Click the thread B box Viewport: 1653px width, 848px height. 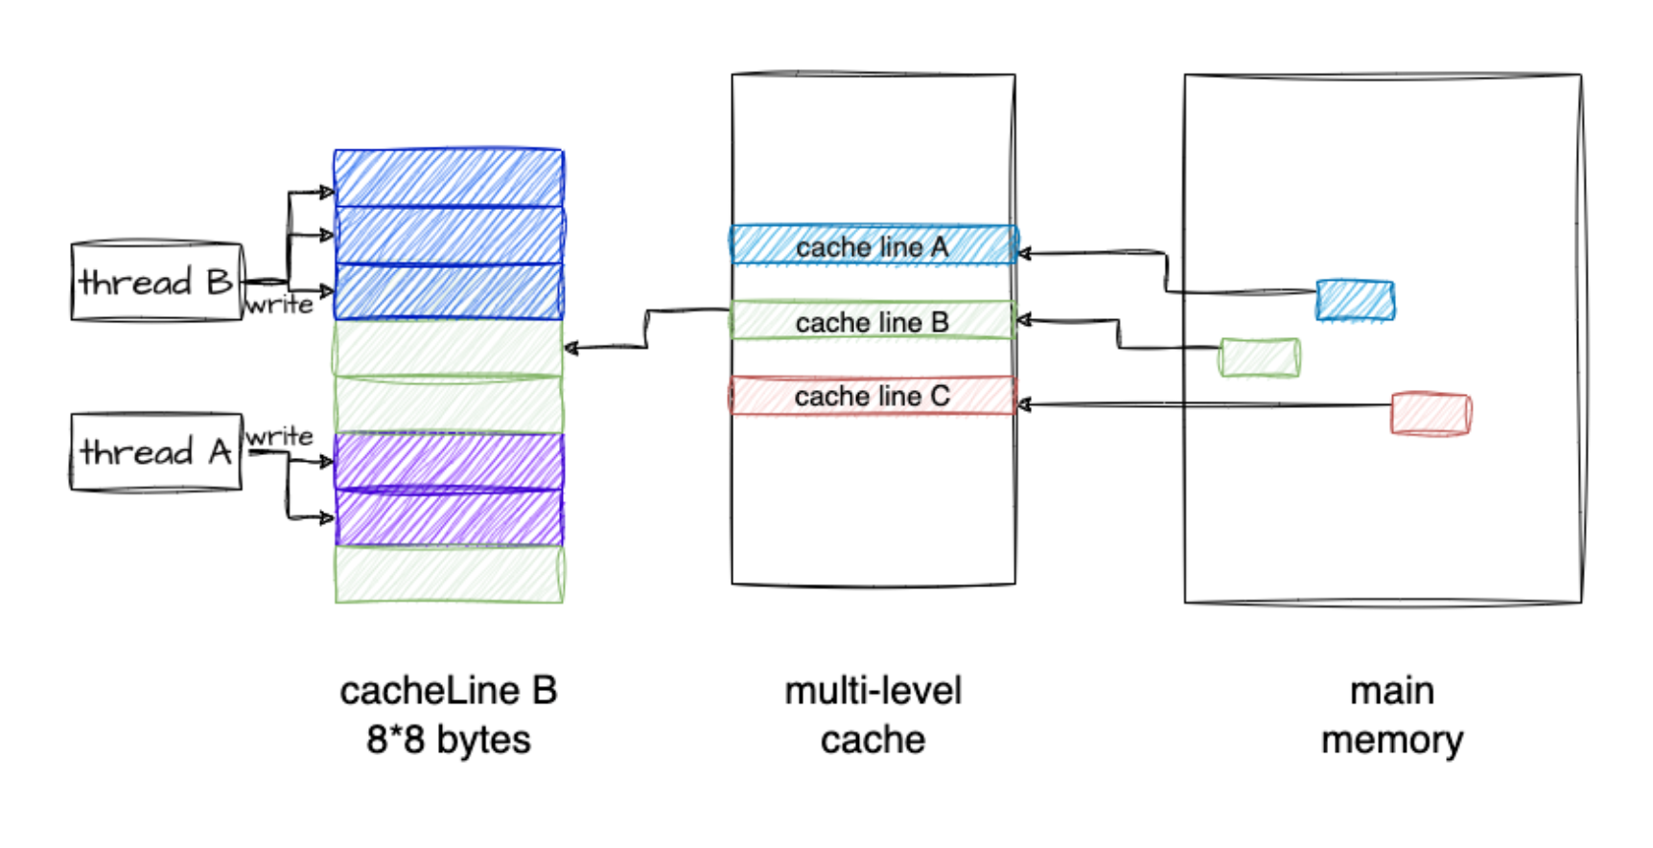coord(156,282)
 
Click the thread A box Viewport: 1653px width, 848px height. coord(156,452)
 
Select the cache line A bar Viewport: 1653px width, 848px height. coord(873,245)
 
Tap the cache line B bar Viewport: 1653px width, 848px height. coord(873,321)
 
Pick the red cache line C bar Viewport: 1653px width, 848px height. coord(873,396)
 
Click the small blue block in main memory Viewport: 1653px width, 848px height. coord(1355,300)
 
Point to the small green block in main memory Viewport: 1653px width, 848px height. coord(1260,357)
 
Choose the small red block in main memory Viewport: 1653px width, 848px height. coord(1431,414)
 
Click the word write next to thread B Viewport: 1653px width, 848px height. coord(279,305)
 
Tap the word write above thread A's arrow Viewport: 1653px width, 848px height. coord(279,437)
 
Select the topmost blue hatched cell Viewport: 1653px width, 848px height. coord(449,178)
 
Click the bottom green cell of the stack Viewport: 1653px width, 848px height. coord(449,574)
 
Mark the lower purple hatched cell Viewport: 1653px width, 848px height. coord(449,517)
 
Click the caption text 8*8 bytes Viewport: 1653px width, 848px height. coord(449,740)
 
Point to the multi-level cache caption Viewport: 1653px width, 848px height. coord(873,715)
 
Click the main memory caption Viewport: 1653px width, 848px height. coord(1392,715)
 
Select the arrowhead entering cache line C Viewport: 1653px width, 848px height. coord(1023,405)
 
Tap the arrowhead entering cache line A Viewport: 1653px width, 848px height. coord(1023,254)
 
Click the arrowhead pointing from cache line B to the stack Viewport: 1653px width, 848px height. coord(570,348)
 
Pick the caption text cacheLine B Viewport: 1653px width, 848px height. coord(449,691)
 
